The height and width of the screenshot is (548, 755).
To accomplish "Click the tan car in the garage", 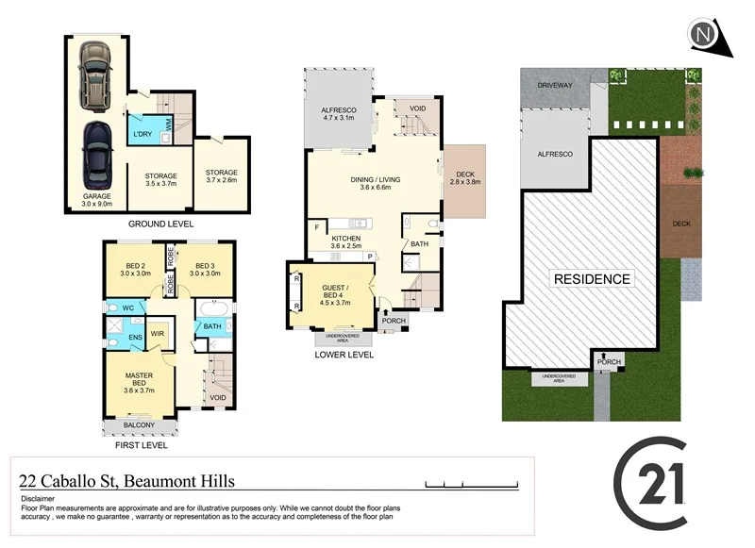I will [94, 77].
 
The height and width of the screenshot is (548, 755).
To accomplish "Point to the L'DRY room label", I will [143, 135].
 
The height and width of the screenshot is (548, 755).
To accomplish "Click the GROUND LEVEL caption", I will [160, 224].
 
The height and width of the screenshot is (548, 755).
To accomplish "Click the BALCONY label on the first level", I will [139, 424].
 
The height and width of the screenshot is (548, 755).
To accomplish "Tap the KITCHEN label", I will [345, 241].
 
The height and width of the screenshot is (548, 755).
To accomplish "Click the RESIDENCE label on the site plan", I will [592, 279].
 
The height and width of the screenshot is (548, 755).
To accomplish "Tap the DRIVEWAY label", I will [556, 85].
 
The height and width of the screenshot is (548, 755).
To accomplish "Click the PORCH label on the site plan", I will [609, 361].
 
